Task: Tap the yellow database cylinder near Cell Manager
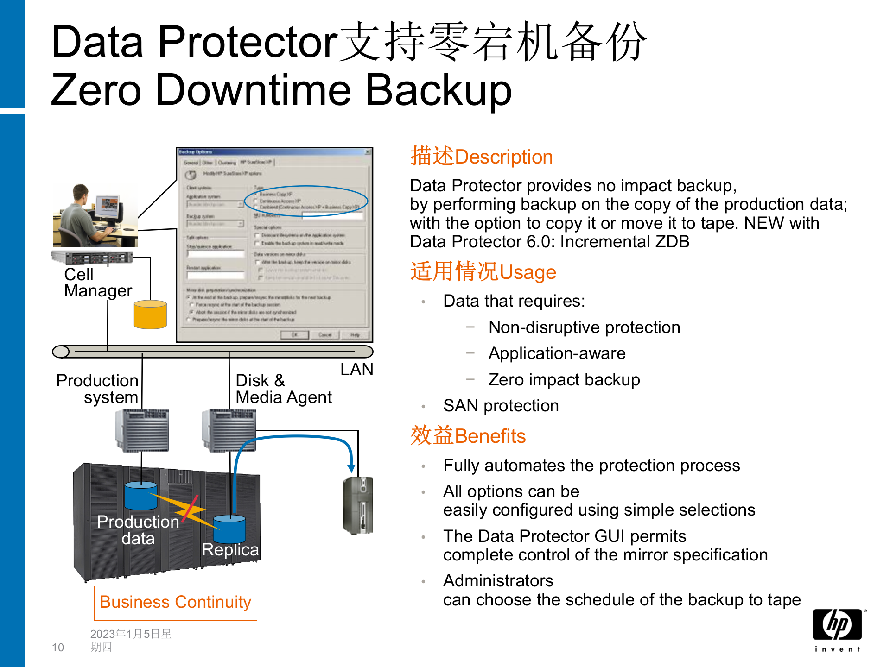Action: click(x=150, y=315)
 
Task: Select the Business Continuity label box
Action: click(x=176, y=603)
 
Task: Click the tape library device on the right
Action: click(x=358, y=505)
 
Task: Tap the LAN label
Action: click(x=356, y=370)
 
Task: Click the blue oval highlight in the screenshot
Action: click(x=306, y=201)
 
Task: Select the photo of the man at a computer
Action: click(x=95, y=215)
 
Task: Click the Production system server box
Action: click(x=142, y=430)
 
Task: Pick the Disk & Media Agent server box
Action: click(x=229, y=430)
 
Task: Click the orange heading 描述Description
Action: click(x=481, y=157)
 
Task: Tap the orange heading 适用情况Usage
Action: click(x=483, y=272)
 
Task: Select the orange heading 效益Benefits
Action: click(x=468, y=436)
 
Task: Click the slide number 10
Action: click(x=58, y=647)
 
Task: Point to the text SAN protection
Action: click(x=501, y=406)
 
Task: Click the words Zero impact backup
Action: click(x=564, y=380)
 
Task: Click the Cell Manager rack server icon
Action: click(x=92, y=258)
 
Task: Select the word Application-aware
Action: click(x=557, y=353)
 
